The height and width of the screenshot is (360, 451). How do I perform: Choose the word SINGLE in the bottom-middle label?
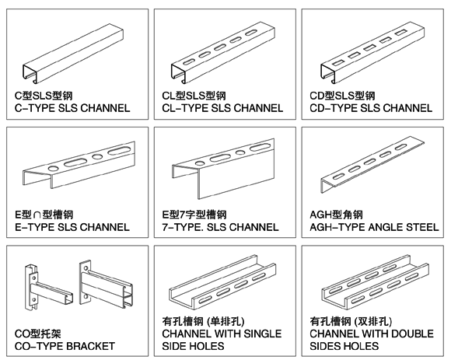(x=263, y=334)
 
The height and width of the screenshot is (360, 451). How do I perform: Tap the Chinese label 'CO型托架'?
(x=37, y=334)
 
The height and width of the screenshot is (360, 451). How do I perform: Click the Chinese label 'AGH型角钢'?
(x=336, y=215)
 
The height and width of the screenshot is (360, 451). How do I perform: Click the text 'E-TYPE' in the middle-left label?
(x=34, y=227)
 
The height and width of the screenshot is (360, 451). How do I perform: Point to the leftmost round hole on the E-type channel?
(x=54, y=169)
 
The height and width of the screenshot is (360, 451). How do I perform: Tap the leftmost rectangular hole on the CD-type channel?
(x=339, y=62)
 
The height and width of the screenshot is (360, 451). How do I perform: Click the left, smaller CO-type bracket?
(x=48, y=288)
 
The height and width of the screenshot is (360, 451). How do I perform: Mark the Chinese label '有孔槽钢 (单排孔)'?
(x=204, y=321)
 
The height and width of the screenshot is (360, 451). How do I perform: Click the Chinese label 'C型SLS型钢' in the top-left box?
(x=44, y=96)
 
